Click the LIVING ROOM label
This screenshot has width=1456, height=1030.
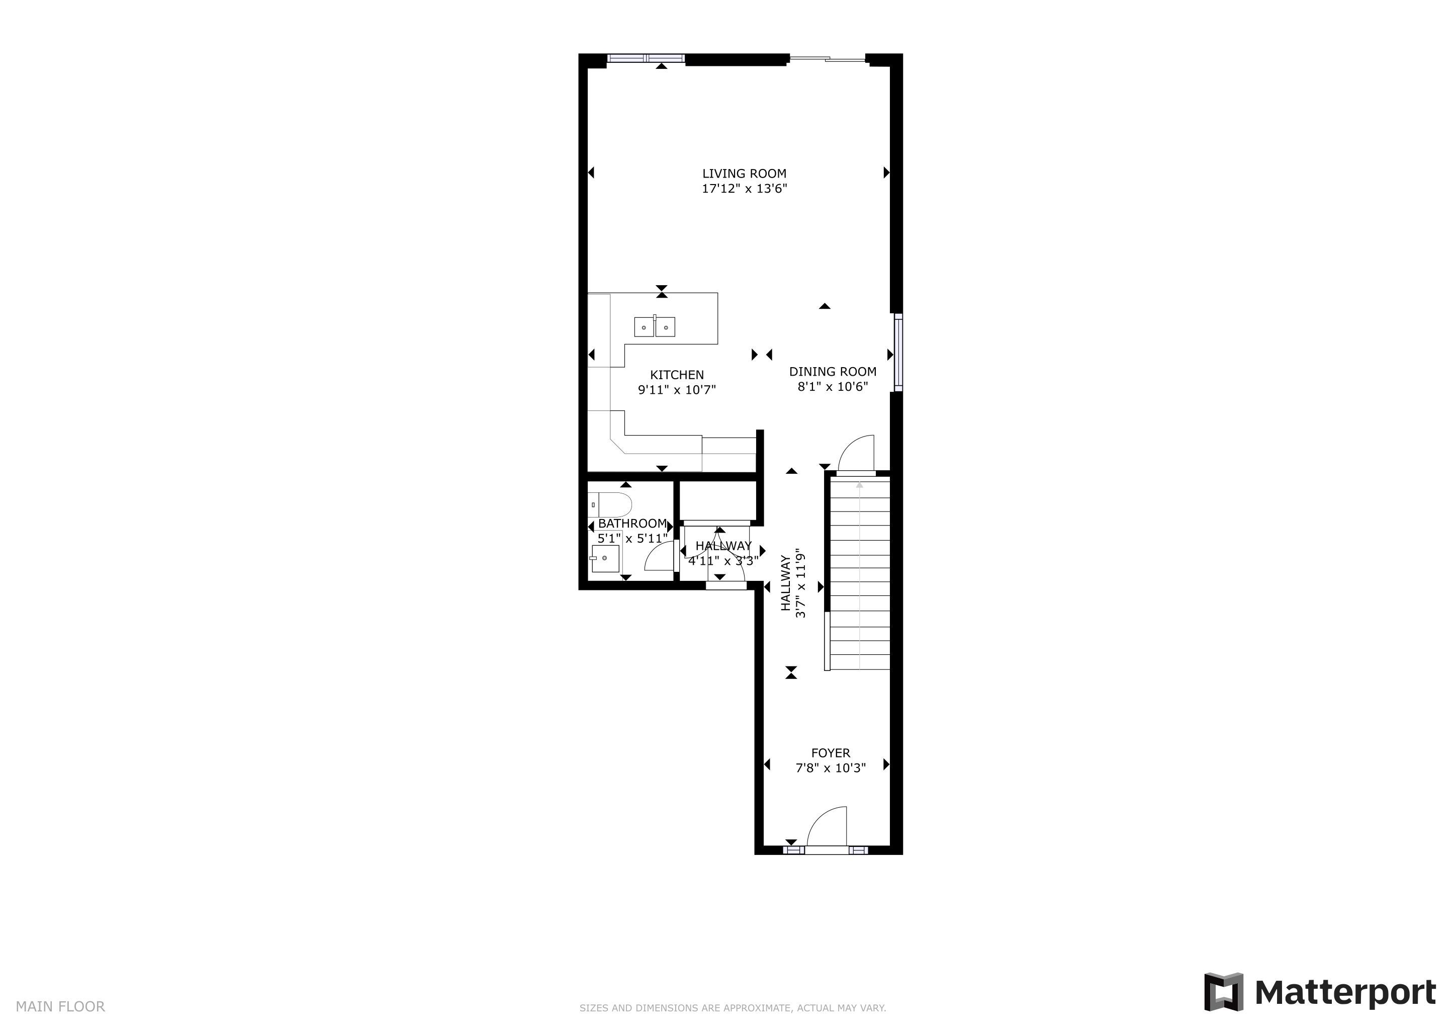[744, 173]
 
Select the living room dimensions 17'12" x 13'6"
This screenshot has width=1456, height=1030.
[744, 189]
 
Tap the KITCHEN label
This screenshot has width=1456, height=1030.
[677, 375]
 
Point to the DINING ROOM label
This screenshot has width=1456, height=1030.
[833, 372]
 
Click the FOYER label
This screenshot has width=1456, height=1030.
[831, 753]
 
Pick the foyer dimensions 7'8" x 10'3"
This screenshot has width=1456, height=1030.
[831, 768]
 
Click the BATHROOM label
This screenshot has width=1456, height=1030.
[632, 524]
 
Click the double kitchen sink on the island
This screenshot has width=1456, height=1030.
[655, 326]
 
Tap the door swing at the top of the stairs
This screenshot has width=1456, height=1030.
[856, 454]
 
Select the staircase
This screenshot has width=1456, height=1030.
[860, 573]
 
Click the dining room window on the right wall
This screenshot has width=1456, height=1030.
[898, 353]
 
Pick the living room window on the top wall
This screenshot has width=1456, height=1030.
[646, 58]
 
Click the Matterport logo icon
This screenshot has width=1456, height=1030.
[1223, 991]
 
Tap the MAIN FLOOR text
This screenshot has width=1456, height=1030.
[60, 1006]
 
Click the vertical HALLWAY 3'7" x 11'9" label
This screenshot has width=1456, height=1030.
[793, 583]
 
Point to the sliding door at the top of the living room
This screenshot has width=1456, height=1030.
[828, 59]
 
